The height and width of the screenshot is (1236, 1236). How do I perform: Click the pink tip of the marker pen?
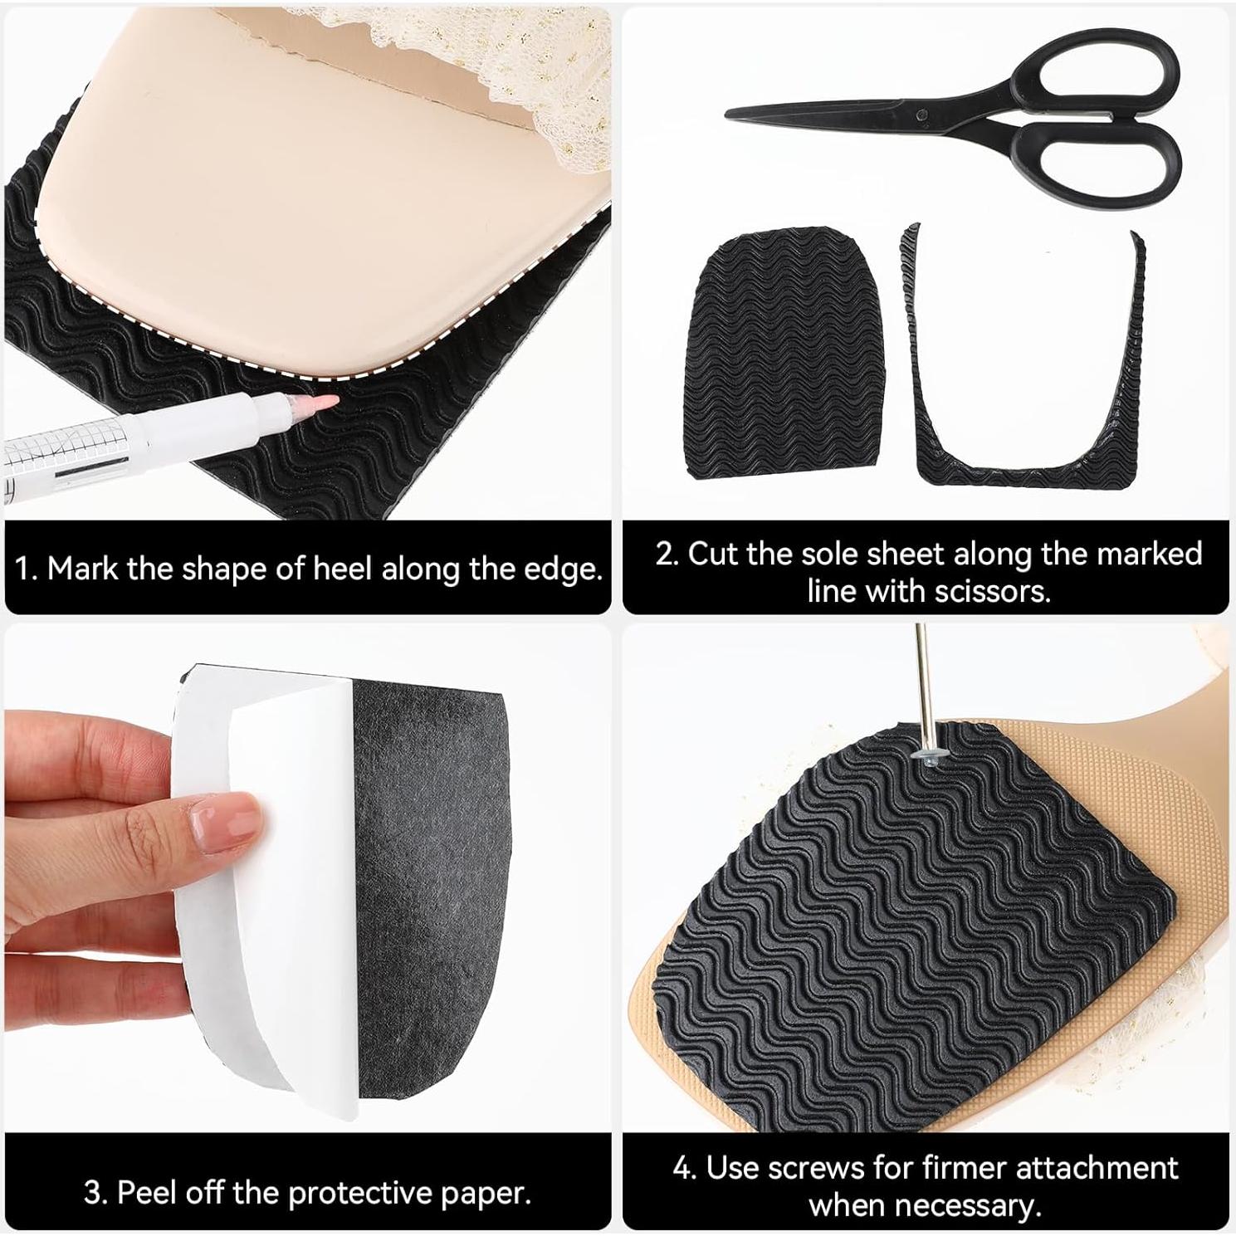pyautogui.click(x=330, y=402)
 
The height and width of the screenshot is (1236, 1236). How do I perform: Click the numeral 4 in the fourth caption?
pyautogui.click(x=682, y=1168)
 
